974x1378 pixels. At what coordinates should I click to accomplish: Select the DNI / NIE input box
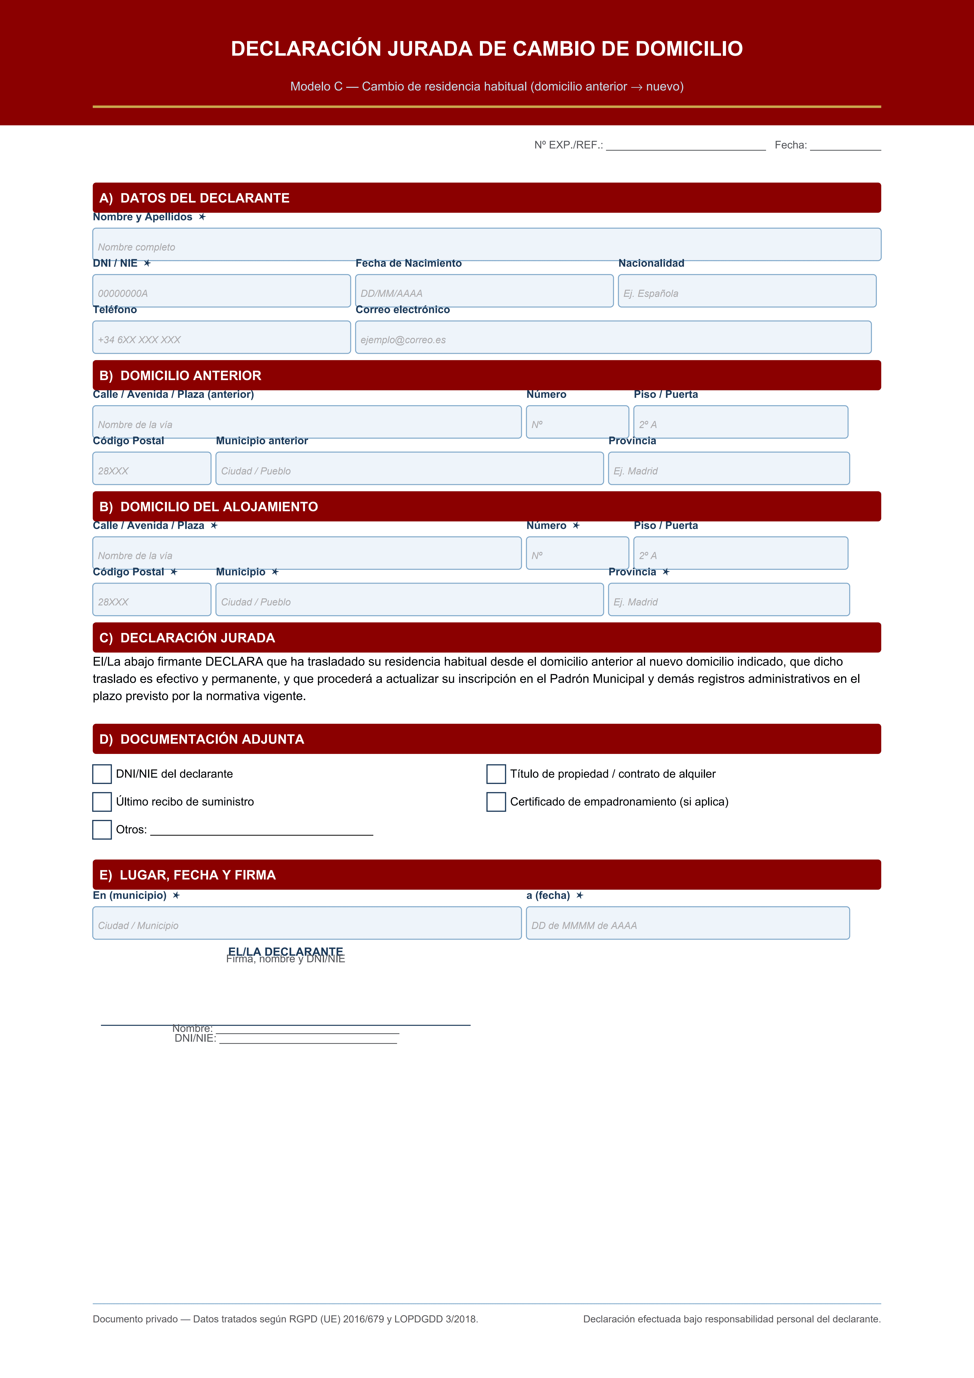pos(222,291)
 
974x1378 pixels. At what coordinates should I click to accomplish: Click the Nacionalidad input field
pos(747,291)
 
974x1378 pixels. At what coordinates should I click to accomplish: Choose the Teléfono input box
pos(222,337)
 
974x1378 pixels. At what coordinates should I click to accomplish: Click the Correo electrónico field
pos(613,337)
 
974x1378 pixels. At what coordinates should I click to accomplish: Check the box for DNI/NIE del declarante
pos(102,774)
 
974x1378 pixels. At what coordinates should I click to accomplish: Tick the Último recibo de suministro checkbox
pos(102,802)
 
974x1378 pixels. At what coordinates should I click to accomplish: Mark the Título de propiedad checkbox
pos(496,774)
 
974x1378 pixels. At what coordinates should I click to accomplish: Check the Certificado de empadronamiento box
pos(496,802)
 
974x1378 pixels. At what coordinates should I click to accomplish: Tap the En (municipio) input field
pos(307,923)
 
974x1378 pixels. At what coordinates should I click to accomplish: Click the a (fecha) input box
pos(688,923)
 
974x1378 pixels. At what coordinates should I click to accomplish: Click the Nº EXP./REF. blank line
pos(685,146)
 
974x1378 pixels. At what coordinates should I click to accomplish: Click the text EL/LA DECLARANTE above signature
pos(286,951)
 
